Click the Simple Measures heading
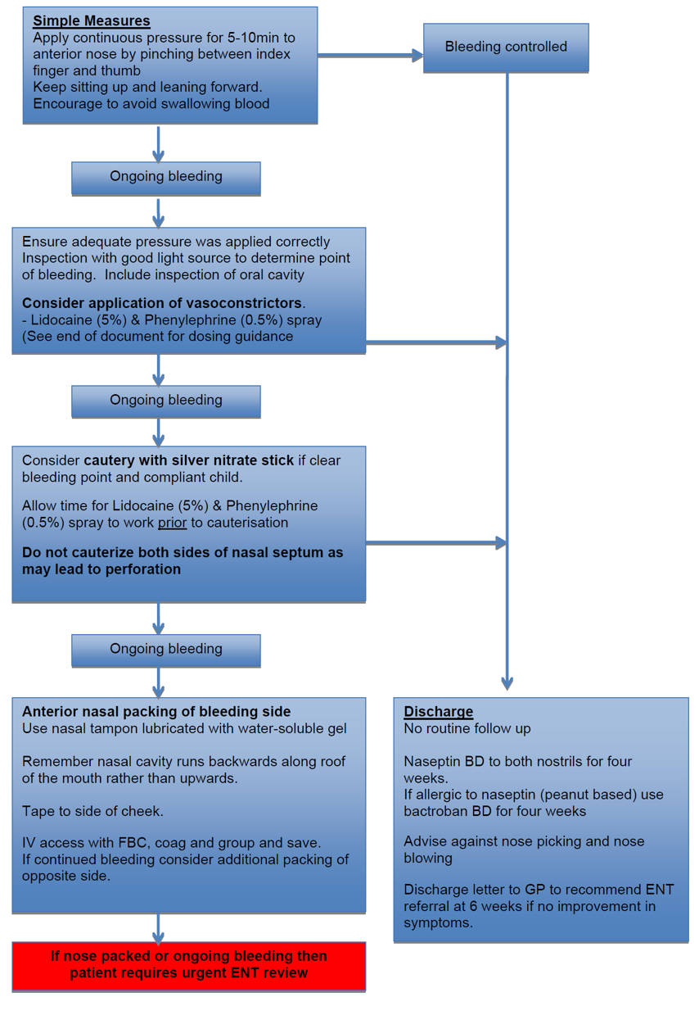[92, 21]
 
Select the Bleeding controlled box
[506, 48]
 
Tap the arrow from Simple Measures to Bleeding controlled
[370, 56]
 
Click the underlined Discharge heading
[438, 712]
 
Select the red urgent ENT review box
[188, 965]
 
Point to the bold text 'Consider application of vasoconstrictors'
[163, 303]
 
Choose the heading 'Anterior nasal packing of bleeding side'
[156, 712]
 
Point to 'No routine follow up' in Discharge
[467, 728]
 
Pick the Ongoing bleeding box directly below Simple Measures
[166, 177]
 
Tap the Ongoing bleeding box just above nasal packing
[166, 649]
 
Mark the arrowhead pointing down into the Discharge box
[507, 682]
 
